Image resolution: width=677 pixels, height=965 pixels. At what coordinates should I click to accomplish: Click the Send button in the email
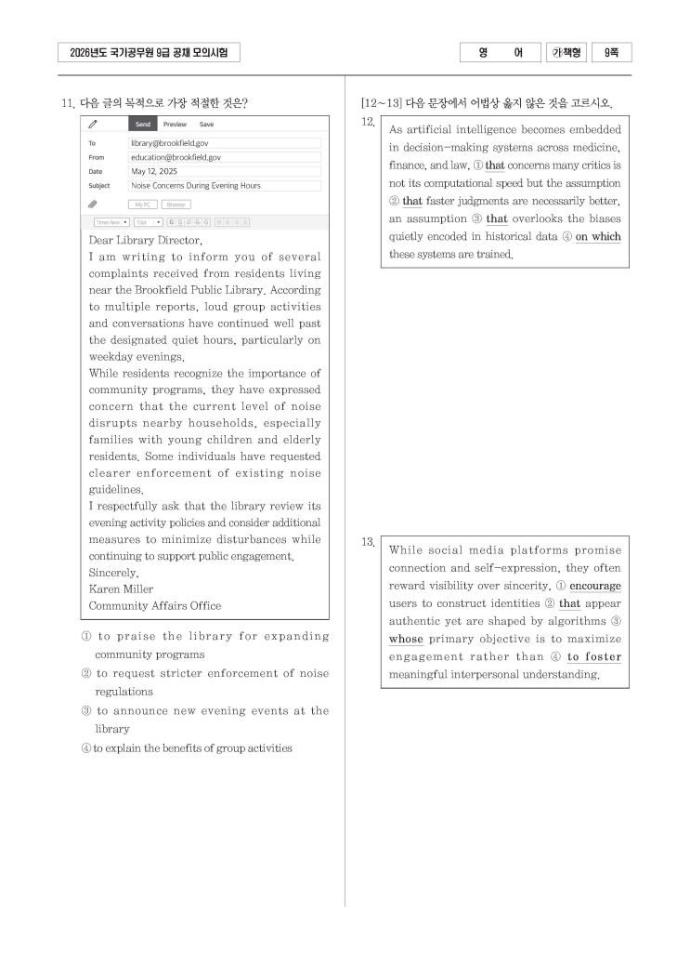(x=142, y=124)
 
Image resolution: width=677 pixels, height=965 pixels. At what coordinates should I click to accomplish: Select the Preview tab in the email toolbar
(x=175, y=124)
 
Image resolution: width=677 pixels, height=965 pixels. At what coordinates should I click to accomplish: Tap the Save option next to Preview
(x=206, y=124)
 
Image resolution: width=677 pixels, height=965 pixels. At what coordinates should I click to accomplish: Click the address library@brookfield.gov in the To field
(x=169, y=143)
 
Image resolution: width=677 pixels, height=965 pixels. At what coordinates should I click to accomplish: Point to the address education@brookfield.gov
(x=176, y=157)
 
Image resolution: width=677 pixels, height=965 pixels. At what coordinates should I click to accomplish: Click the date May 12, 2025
(x=153, y=171)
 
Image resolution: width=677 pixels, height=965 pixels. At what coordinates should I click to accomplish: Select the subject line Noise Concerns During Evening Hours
(x=196, y=185)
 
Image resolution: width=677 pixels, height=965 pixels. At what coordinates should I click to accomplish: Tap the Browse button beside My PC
(x=176, y=204)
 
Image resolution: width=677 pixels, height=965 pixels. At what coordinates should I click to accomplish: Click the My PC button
(x=142, y=204)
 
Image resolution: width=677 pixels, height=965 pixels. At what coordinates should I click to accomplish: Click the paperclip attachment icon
(x=93, y=203)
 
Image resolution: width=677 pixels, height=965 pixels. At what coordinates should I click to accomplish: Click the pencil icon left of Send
(x=93, y=124)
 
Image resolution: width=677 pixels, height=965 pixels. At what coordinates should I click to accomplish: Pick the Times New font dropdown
(x=111, y=222)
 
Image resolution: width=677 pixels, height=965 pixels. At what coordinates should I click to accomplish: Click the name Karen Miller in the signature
(x=121, y=589)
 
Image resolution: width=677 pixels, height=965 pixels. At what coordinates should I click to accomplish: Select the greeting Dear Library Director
(x=145, y=240)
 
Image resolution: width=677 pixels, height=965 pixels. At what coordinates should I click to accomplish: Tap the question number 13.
(x=368, y=542)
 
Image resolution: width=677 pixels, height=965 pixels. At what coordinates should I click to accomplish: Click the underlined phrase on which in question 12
(x=598, y=237)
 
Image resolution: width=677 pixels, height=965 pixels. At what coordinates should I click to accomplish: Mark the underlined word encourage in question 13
(x=595, y=587)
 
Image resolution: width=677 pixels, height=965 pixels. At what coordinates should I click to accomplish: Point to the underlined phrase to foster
(x=594, y=657)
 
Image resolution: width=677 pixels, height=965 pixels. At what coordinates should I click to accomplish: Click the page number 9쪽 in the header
(x=612, y=53)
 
